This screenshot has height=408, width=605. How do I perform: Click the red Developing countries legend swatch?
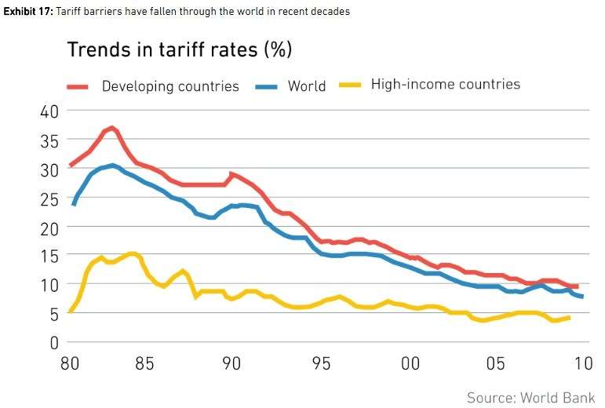pyautogui.click(x=78, y=86)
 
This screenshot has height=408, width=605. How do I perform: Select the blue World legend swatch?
pyautogui.click(x=268, y=86)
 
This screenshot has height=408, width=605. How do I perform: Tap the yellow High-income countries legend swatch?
pyautogui.click(x=349, y=84)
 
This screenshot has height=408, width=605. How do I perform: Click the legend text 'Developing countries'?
pyautogui.click(x=170, y=86)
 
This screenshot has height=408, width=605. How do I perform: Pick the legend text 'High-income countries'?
pyautogui.click(x=445, y=84)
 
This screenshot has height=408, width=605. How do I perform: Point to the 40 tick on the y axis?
pyautogui.click(x=49, y=111)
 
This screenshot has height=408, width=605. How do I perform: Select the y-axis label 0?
pyautogui.click(x=54, y=342)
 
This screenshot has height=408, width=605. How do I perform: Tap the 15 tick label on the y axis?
pyautogui.click(x=49, y=256)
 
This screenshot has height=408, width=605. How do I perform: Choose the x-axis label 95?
pyautogui.click(x=321, y=364)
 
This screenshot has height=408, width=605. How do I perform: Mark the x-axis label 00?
pyautogui.click(x=409, y=364)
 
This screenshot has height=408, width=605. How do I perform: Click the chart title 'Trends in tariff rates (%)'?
pyautogui.click(x=179, y=49)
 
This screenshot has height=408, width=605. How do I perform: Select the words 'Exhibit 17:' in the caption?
pyautogui.click(x=27, y=12)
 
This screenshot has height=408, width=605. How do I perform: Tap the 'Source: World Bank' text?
pyautogui.click(x=530, y=397)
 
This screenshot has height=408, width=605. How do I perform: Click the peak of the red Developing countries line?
pyautogui.click(x=111, y=127)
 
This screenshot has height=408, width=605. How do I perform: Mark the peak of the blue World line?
pyautogui.click(x=113, y=165)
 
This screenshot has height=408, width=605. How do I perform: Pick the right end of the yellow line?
pyautogui.click(x=568, y=317)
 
